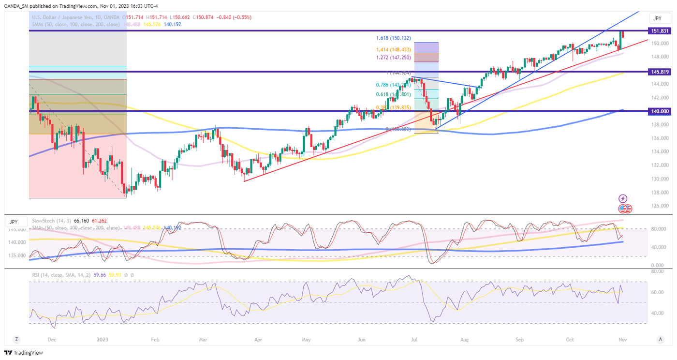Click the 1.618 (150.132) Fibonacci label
tap(393, 38)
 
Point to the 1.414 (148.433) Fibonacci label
tap(393, 50)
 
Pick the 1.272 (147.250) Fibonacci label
tap(393, 58)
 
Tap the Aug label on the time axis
tap(465, 340)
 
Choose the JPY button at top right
tap(657, 18)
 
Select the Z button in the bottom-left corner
tap(16, 340)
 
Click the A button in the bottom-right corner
tap(660, 340)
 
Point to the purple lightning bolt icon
tap(623, 198)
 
